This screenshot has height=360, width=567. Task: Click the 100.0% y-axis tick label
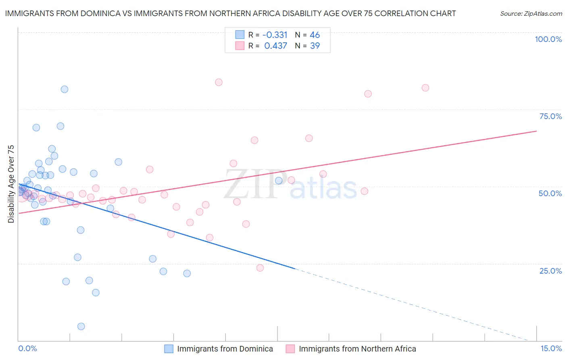tap(548, 39)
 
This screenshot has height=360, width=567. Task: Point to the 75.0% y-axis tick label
tap(550, 116)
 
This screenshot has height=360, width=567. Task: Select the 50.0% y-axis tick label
tap(550, 193)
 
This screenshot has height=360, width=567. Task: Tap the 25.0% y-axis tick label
tap(550, 271)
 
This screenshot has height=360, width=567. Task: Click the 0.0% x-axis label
tap(27, 348)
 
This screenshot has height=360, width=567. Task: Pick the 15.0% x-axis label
tap(551, 348)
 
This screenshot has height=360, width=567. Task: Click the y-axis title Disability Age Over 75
tap(11, 184)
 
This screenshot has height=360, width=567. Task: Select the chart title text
tap(230, 13)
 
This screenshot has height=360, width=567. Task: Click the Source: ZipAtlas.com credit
tap(531, 13)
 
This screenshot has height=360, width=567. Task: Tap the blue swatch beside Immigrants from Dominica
tap(169, 349)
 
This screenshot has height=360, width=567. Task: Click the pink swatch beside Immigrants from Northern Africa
tap(290, 349)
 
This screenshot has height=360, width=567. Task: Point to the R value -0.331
tap(275, 35)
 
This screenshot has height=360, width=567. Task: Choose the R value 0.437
tap(275, 46)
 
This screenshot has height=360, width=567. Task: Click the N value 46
tap(315, 35)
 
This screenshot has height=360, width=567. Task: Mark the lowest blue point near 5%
tap(81, 327)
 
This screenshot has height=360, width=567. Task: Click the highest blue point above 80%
tap(65, 89)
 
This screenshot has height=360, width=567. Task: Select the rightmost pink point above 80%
tap(425, 88)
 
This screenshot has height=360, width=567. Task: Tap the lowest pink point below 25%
tap(260, 268)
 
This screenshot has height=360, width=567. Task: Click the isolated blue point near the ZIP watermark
tap(279, 180)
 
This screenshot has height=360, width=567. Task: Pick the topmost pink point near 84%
tap(219, 82)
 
